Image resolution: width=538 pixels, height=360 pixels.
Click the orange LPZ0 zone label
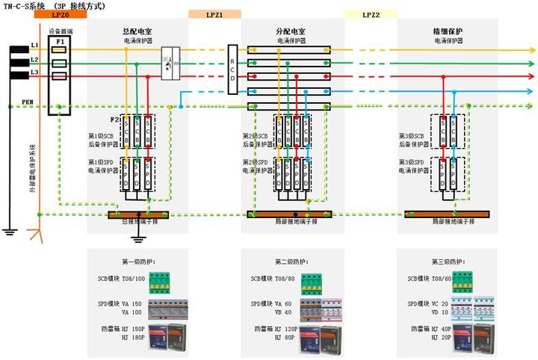pyautogui.click(x=61, y=14)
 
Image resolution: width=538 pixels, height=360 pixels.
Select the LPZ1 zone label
pyautogui.click(x=214, y=14)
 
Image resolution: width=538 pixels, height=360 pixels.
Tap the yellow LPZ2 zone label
pyautogui.click(x=371, y=14)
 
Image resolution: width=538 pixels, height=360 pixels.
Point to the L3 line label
pyautogui.click(x=34, y=73)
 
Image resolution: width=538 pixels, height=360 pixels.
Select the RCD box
pyautogui.click(x=233, y=69)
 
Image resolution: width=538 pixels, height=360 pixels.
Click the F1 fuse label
pyautogui.click(x=61, y=41)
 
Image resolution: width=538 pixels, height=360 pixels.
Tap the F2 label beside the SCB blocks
pyautogui.click(x=114, y=120)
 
